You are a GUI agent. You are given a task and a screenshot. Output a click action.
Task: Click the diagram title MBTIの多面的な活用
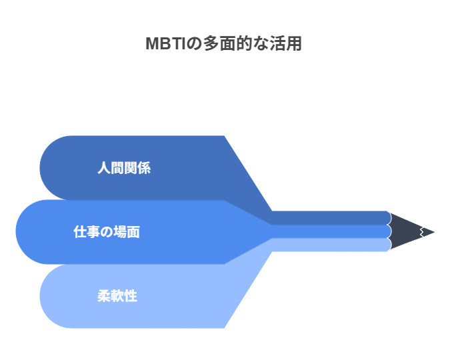224,43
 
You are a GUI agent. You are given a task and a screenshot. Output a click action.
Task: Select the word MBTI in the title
166,43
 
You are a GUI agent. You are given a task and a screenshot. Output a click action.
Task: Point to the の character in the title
194,44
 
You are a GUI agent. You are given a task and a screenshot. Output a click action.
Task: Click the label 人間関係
124,168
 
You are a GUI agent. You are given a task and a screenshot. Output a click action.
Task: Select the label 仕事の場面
107,232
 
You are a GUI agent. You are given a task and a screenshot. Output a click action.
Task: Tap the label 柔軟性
117,296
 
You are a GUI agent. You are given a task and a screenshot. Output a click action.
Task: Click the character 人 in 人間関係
104,168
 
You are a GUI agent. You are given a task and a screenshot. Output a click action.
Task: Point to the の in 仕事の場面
107,232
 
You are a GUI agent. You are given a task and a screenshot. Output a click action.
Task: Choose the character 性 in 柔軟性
131,296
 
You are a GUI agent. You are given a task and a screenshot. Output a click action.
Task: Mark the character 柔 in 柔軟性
104,296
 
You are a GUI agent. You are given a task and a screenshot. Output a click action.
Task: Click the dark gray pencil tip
409,232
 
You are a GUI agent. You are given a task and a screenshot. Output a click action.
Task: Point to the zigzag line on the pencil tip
422,232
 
